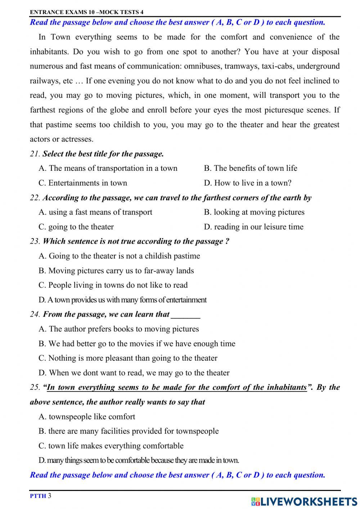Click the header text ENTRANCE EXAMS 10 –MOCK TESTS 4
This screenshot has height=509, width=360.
point(86,12)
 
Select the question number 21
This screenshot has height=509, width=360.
point(35,154)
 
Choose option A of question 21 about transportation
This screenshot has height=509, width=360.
point(108,168)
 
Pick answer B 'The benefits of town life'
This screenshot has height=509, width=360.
point(251,168)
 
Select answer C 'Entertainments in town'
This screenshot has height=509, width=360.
point(83,183)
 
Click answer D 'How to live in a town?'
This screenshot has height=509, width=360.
point(248,183)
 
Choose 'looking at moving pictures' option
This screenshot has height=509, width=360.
point(254,212)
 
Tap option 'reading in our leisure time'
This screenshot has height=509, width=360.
point(254,227)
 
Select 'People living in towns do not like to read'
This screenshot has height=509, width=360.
point(113,285)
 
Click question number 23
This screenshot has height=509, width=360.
point(35,242)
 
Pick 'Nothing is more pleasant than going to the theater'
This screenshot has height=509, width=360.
point(128,358)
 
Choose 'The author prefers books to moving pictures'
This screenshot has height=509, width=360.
point(119,329)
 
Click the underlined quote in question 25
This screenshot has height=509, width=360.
point(176,388)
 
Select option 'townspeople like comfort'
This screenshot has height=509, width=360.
point(87,417)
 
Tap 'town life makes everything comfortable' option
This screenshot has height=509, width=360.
point(111,446)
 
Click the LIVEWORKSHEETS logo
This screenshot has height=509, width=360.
point(304,501)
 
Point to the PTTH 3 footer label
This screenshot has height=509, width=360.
point(41,496)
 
